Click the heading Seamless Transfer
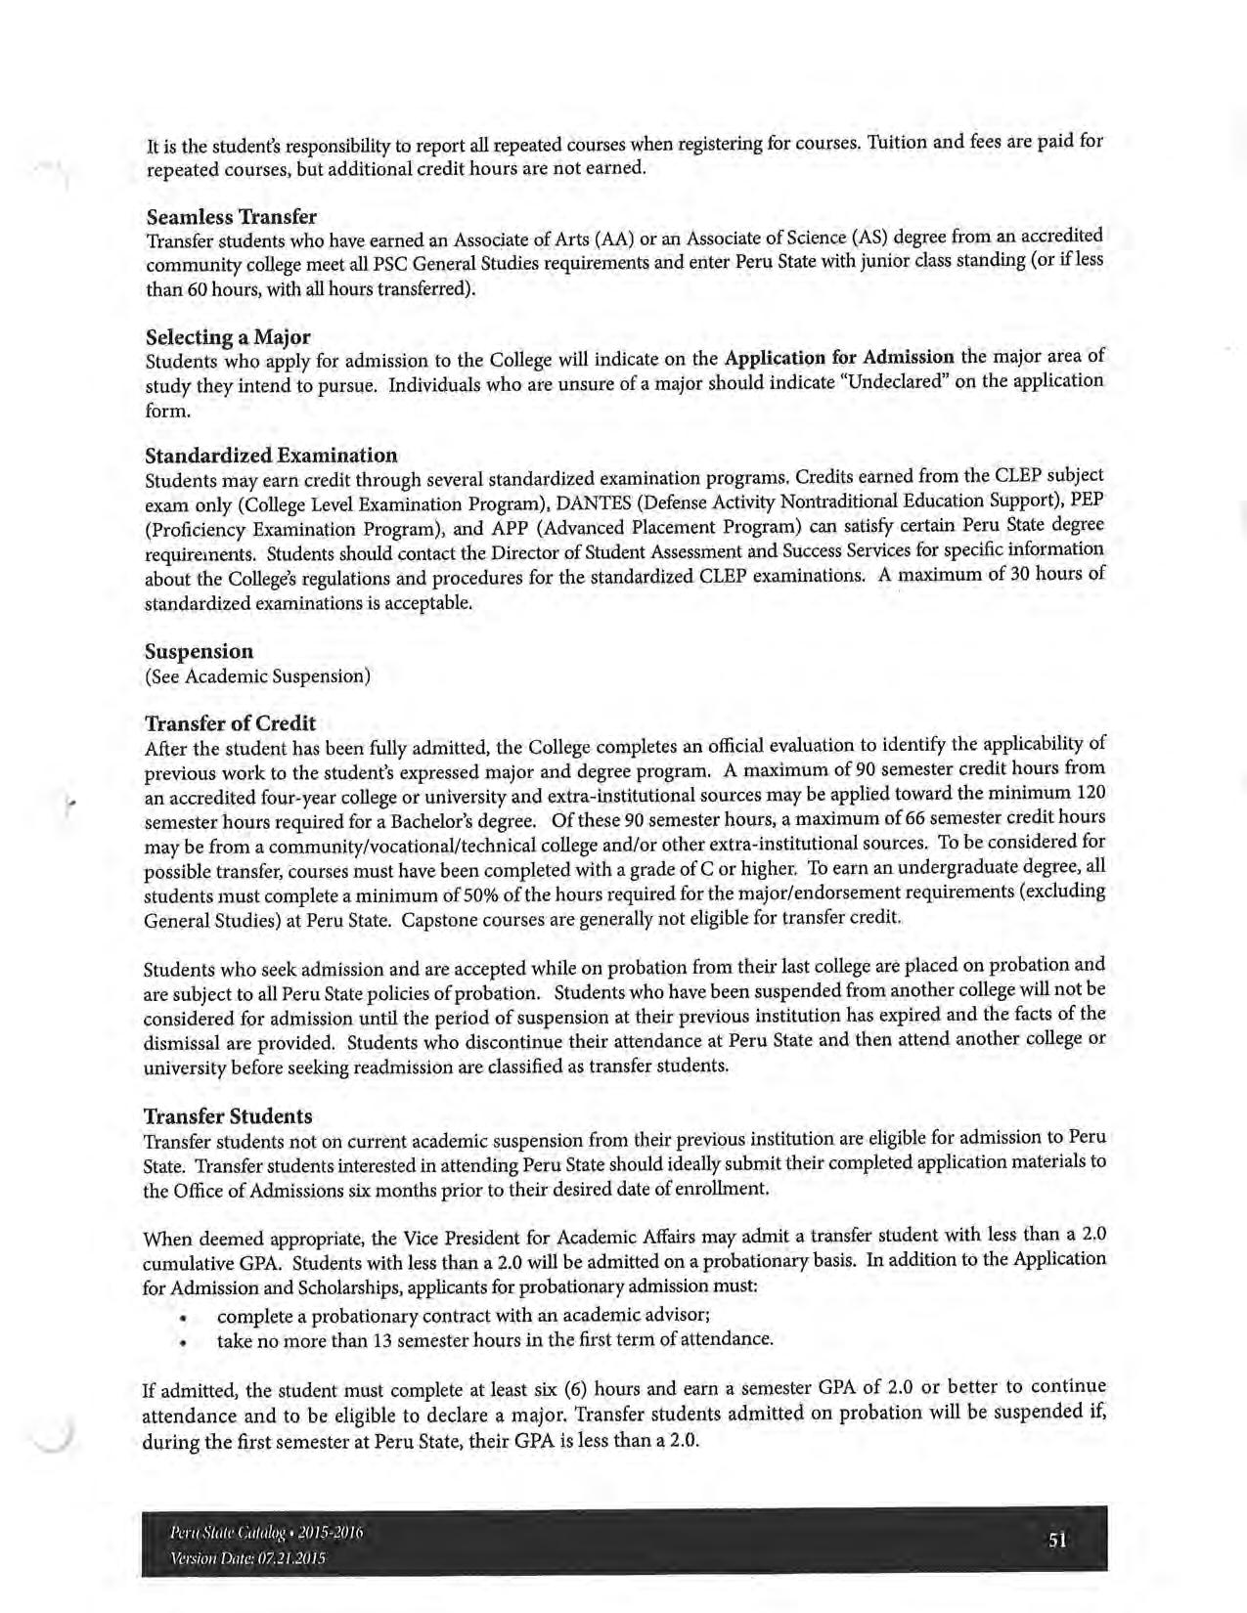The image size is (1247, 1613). click(231, 216)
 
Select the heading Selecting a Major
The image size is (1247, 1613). click(228, 337)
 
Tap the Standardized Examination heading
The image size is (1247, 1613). click(271, 456)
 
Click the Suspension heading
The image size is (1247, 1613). click(199, 651)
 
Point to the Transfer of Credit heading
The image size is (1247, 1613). click(230, 723)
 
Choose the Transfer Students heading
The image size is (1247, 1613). click(228, 1116)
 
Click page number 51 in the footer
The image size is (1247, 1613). click(1057, 1541)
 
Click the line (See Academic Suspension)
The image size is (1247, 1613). click(257, 676)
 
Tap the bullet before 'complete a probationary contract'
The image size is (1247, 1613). click(183, 1318)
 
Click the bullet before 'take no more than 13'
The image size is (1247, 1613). click(183, 1342)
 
